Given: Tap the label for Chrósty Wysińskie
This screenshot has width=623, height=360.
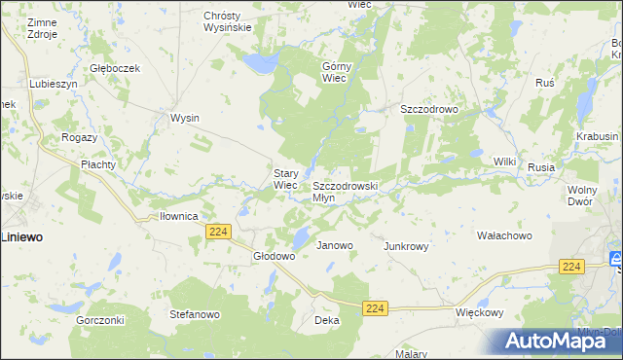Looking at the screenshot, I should point(228,21).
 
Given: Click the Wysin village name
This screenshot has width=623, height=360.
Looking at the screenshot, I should point(185,118).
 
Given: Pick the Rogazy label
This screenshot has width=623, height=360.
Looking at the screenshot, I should point(78,138).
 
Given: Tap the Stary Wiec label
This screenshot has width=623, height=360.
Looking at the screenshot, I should point(285,178).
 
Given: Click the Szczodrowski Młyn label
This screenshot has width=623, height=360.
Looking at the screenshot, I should point(345,191).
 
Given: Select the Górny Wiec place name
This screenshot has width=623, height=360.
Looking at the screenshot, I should point(335,72).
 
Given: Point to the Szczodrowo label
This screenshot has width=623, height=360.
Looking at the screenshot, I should point(429,110).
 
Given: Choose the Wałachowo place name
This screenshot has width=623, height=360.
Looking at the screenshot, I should point(503,235).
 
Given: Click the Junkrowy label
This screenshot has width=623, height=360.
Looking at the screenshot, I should point(407,246).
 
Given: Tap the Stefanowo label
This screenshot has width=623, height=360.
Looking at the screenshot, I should point(196,315).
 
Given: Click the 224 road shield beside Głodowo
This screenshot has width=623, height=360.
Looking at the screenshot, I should point(218,231).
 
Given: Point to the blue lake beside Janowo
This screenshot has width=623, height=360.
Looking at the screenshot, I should point(302,236).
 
